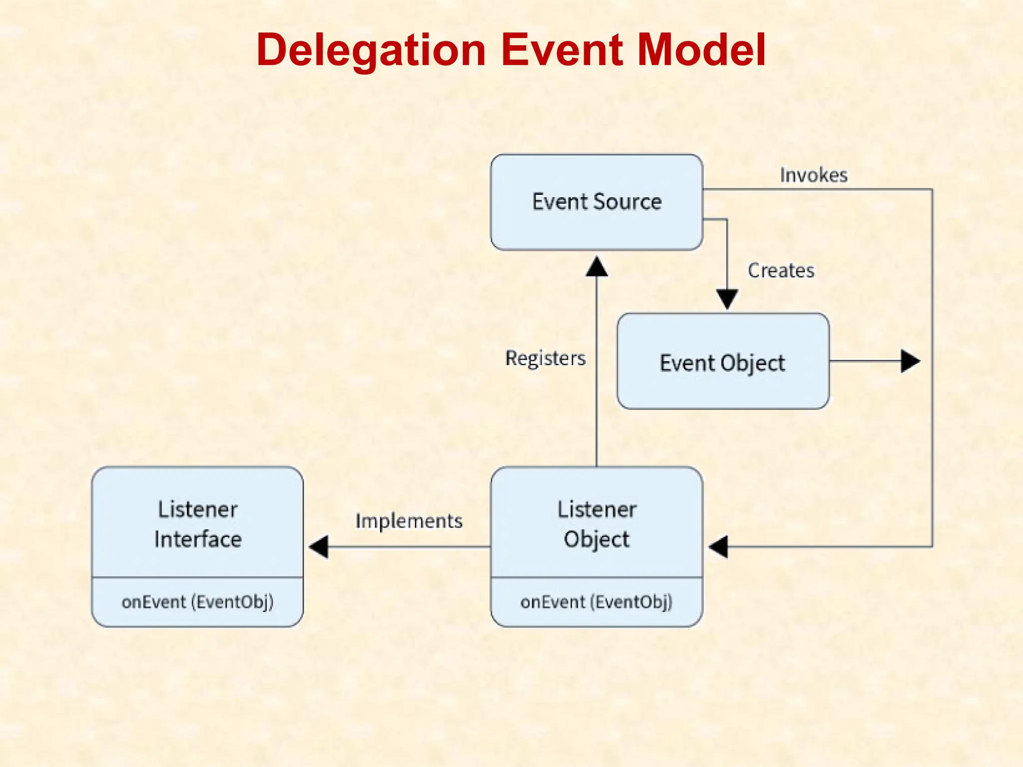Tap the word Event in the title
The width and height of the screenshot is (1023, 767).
point(562,50)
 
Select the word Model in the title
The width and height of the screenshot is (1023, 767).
point(702,50)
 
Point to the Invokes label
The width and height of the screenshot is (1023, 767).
point(814,175)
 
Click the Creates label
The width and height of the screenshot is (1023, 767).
point(781,271)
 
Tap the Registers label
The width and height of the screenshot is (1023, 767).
point(545,359)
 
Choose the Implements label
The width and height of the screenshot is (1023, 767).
point(409,521)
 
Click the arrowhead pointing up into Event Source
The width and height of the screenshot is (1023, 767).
point(597,267)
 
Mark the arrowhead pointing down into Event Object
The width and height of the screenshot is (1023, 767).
point(727,299)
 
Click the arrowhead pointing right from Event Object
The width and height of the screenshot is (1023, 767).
point(910,361)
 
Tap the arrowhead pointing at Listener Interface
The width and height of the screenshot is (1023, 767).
point(319,547)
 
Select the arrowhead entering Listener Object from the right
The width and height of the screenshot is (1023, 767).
point(718,547)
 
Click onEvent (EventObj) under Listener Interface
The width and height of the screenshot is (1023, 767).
point(197,602)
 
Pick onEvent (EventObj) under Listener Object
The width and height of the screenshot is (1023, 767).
point(596,602)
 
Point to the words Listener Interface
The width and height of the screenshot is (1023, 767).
point(198,524)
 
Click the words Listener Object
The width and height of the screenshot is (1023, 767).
point(597,524)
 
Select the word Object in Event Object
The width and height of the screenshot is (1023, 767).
point(753,364)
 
